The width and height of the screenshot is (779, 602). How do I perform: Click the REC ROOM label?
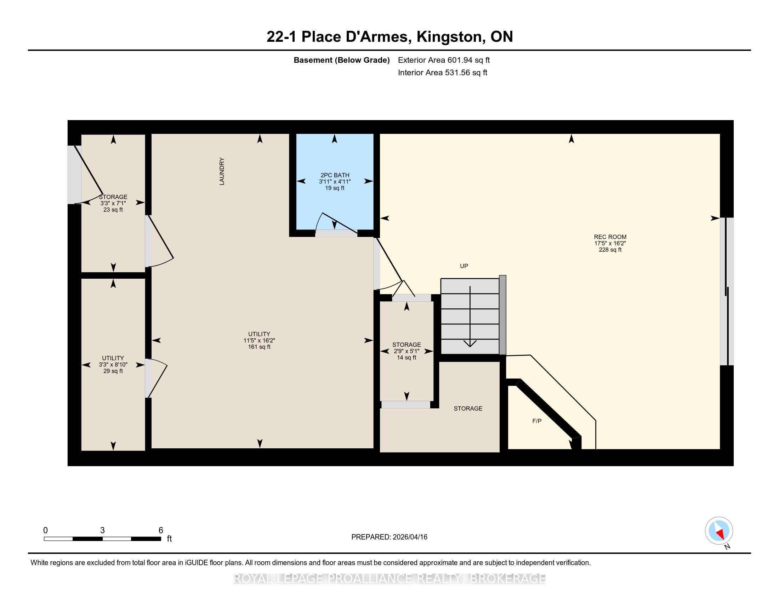610,237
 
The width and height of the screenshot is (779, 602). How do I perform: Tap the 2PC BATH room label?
335,175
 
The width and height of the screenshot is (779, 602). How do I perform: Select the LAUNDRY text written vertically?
222,171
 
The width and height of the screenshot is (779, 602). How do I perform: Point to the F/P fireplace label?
537,421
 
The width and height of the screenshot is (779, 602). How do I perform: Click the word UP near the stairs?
464,266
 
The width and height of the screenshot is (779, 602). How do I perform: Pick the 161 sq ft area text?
259,347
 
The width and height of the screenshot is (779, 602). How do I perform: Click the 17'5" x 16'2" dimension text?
610,243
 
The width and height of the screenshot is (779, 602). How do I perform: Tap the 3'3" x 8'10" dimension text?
113,365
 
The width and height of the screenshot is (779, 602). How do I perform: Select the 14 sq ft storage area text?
406,357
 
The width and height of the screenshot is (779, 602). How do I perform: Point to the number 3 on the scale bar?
102,530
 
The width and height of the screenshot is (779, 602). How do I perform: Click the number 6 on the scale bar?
161,530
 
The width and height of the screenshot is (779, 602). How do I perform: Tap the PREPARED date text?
389,537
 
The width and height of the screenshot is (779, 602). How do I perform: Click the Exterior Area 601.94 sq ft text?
444,60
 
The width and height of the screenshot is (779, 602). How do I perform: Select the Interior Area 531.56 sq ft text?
443,73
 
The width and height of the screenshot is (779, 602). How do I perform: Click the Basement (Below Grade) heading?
341,60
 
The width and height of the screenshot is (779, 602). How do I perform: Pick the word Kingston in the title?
450,37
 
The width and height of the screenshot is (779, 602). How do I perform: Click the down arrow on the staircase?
471,317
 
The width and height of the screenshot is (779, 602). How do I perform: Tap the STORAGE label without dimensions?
468,409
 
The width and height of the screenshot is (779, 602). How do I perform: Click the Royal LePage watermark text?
389,579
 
